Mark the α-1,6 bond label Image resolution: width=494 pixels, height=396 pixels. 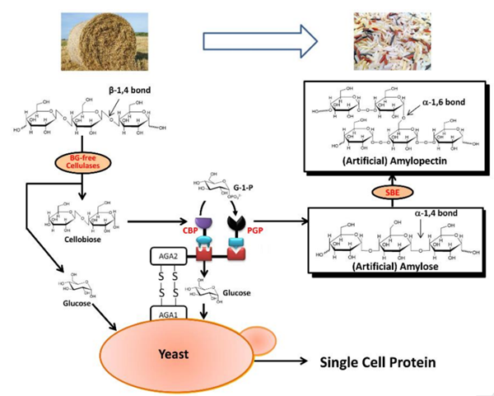[451, 101]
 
